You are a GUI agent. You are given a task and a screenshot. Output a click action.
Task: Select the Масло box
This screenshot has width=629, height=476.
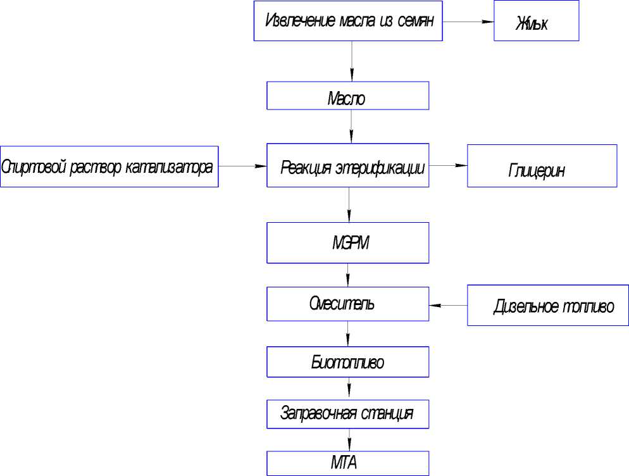348,96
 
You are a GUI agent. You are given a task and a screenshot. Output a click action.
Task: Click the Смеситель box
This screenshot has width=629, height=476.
348,303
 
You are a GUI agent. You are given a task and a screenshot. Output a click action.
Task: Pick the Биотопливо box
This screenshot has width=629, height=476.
348,363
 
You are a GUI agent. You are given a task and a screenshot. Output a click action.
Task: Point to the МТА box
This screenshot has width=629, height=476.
348,463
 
